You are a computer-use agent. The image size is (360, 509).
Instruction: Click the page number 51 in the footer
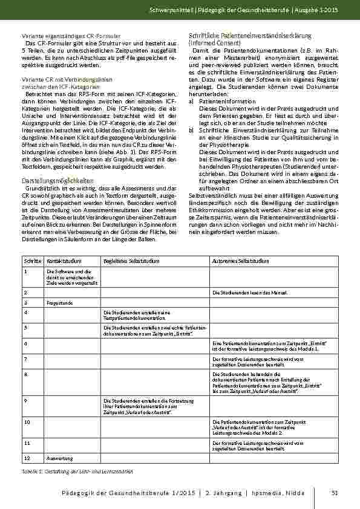click(x=333, y=494)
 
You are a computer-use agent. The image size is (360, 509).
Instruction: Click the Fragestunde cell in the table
click(x=59, y=301)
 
